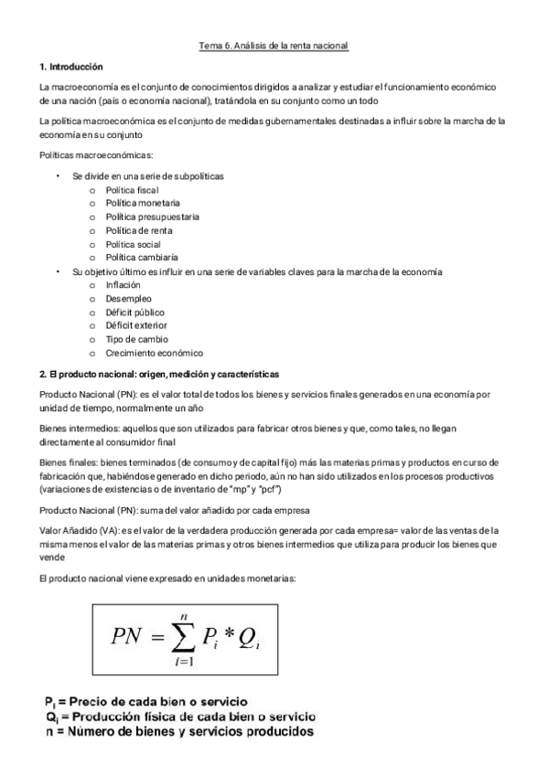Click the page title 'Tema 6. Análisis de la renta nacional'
click(x=274, y=45)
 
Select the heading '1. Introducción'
click(x=72, y=68)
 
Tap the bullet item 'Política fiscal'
click(x=132, y=189)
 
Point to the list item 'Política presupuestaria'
click(x=153, y=217)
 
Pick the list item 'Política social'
click(x=134, y=244)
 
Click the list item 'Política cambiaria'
click(x=142, y=258)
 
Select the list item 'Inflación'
click(x=124, y=285)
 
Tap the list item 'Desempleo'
click(x=129, y=299)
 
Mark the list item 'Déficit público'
click(x=135, y=313)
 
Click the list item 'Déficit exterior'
click(x=136, y=326)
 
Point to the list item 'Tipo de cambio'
click(x=136, y=340)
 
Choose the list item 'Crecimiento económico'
click(x=155, y=354)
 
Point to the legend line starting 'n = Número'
click(x=179, y=732)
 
